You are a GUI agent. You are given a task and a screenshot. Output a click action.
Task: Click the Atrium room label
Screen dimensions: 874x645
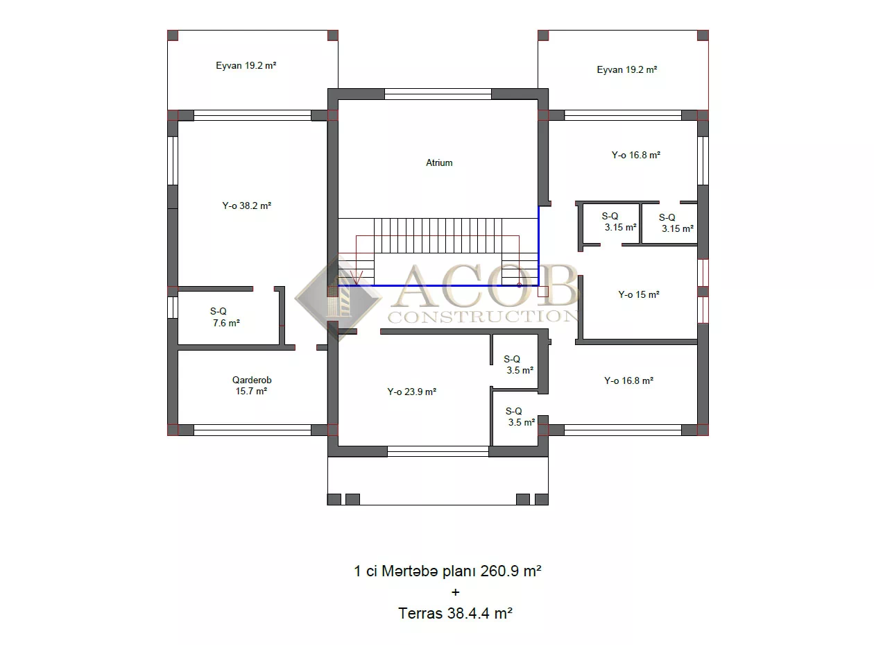tap(439, 162)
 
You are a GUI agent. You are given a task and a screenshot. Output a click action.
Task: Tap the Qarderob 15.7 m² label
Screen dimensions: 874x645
tap(252, 385)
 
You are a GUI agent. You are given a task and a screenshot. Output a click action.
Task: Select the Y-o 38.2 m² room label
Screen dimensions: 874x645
tap(247, 206)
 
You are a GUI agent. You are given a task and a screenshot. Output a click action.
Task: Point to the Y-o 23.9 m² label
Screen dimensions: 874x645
tap(411, 392)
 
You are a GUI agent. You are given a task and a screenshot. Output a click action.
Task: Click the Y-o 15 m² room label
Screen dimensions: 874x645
tap(639, 295)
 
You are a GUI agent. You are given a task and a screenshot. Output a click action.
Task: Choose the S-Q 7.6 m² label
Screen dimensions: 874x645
tap(225, 317)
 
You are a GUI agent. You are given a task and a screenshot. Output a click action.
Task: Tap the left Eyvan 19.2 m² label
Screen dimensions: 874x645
tap(246, 65)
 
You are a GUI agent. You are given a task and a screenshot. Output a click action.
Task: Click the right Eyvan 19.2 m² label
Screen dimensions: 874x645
tap(626, 70)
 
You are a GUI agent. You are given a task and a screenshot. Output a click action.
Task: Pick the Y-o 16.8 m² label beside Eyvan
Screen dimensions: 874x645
tap(635, 155)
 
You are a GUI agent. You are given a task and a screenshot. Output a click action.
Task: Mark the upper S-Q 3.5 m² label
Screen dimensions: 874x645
tap(518, 365)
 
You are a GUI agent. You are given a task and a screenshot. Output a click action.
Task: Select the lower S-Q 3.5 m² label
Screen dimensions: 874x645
tap(520, 417)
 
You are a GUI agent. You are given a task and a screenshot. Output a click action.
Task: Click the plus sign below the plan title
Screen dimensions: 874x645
tap(455, 592)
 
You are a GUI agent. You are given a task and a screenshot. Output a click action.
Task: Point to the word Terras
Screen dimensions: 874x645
tap(420, 613)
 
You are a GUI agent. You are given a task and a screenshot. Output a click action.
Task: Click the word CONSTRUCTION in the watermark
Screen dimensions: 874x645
tap(483, 317)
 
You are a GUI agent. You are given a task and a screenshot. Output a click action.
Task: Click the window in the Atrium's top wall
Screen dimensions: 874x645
tap(438, 94)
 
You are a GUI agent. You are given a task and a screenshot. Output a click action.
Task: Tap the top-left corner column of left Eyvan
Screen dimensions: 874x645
tap(173, 35)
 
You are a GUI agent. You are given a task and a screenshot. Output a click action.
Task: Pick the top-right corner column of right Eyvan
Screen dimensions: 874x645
tap(703, 35)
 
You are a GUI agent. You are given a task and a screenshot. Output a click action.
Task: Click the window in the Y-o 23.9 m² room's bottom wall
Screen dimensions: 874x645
tap(438, 451)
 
